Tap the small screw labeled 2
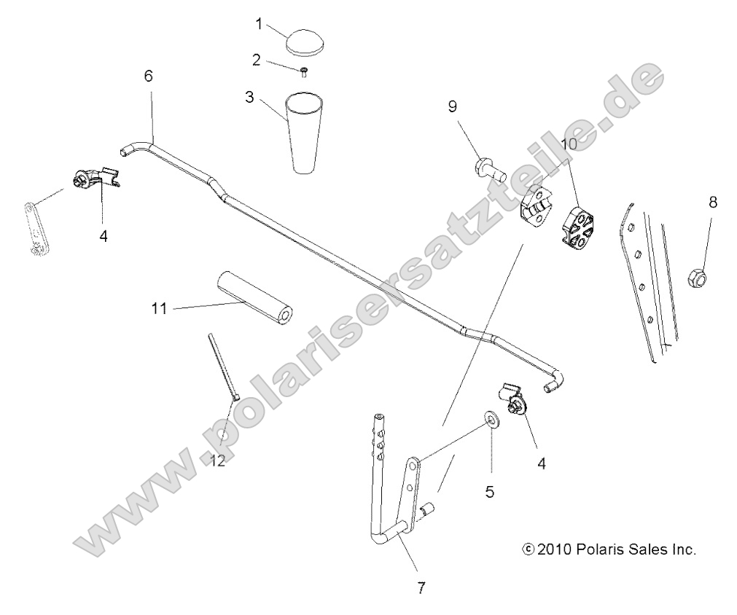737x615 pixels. [304, 70]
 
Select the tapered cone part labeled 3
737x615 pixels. [303, 131]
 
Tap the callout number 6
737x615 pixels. [149, 77]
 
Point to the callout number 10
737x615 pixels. [569, 144]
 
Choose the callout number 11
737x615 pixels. [160, 310]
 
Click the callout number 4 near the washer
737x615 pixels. [540, 462]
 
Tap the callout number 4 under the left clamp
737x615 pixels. [104, 236]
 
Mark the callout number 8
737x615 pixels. [712, 203]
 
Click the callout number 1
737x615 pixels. [258, 24]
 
